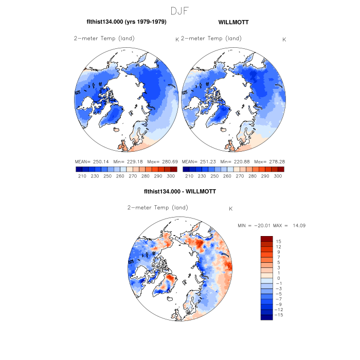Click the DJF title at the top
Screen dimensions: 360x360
coord(179,11)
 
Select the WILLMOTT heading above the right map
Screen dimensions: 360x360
coord(233,22)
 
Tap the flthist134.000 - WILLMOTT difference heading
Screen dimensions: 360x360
coord(180,191)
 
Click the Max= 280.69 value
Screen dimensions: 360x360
coord(160,162)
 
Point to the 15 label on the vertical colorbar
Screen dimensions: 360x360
coord(278,241)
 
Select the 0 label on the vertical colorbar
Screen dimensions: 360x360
coord(278,278)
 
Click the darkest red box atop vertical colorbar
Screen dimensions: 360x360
coord(266,239)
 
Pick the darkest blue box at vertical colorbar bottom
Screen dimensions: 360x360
coord(266,317)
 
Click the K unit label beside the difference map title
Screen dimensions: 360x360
coord(231,209)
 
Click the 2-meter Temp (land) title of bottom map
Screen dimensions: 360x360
coord(157,208)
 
